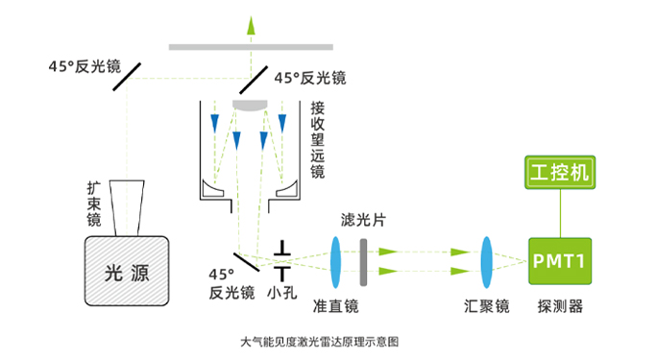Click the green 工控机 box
click(x=560, y=172)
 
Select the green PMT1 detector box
click(x=560, y=261)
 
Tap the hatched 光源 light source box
click(x=127, y=271)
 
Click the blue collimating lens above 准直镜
click(x=335, y=262)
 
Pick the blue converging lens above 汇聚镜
click(x=486, y=262)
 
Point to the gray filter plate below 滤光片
click(x=364, y=262)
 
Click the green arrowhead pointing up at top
click(x=251, y=25)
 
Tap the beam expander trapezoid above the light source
click(x=127, y=207)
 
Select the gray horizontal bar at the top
click(x=251, y=47)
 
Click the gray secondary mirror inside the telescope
click(x=250, y=105)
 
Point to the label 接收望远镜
click(x=318, y=140)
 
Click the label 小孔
click(x=282, y=292)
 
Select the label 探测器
click(x=560, y=306)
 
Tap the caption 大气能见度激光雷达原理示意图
click(x=320, y=342)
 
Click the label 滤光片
click(x=363, y=220)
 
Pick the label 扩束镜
click(x=94, y=204)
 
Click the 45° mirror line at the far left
click(x=127, y=77)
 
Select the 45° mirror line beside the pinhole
click(x=247, y=262)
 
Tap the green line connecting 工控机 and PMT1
click(x=560, y=214)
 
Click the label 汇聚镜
click(x=487, y=306)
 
